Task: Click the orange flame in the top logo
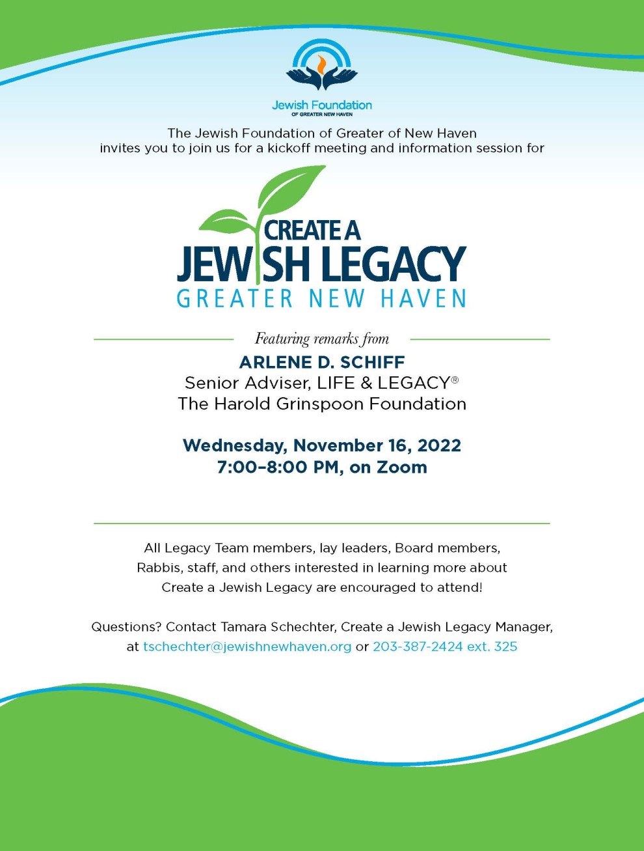pyautogui.click(x=321, y=64)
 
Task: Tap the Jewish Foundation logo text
pyautogui.click(x=321, y=105)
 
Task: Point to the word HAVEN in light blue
pyautogui.click(x=423, y=299)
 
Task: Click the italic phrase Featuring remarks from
pyautogui.click(x=321, y=339)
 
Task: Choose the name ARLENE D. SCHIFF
pyautogui.click(x=321, y=362)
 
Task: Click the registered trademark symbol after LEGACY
pyautogui.click(x=455, y=380)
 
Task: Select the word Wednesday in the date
pyautogui.click(x=234, y=445)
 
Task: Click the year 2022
pyautogui.click(x=439, y=445)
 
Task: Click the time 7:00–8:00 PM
pyautogui.click(x=280, y=467)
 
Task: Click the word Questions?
pyautogui.click(x=126, y=627)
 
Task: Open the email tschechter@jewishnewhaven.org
pyautogui.click(x=247, y=647)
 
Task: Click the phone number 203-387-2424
pyautogui.click(x=418, y=647)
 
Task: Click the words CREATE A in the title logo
pyautogui.click(x=312, y=230)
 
